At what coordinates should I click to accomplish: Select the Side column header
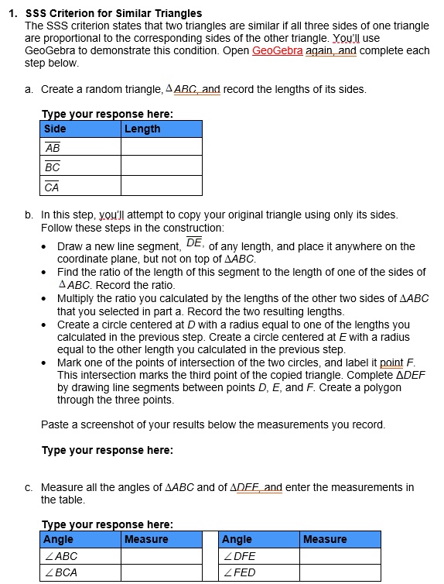[x=55, y=129]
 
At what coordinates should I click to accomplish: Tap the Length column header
[x=142, y=129]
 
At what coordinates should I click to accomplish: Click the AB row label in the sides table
[x=53, y=148]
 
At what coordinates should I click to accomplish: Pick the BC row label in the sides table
[x=53, y=167]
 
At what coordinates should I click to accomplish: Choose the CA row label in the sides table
[x=53, y=186]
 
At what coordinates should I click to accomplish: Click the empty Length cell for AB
[x=161, y=148]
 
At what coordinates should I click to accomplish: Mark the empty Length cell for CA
[x=161, y=186]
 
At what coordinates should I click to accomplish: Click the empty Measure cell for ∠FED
[x=340, y=573]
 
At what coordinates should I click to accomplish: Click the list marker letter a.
[x=28, y=89]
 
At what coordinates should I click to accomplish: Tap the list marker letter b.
[x=28, y=215]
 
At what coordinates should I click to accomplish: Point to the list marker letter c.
[x=28, y=488]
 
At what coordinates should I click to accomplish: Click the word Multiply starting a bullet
[x=75, y=299]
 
